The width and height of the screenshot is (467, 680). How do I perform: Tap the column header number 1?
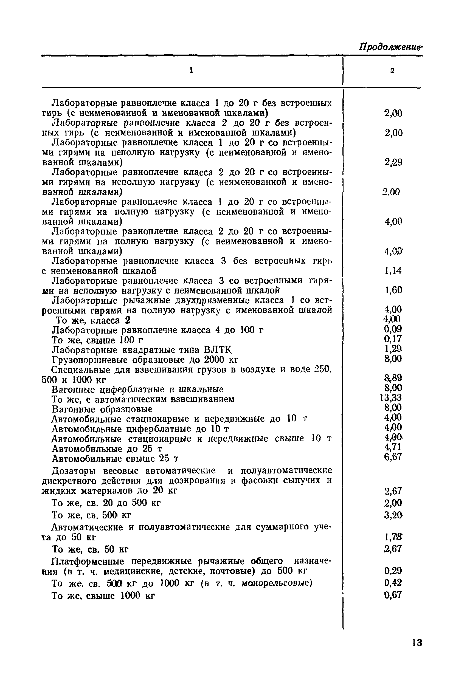pos(191,70)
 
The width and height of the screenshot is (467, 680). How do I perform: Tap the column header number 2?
pos(392,70)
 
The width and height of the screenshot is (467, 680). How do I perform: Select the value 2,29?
pos(393,162)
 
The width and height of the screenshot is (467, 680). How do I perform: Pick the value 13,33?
pos(391,398)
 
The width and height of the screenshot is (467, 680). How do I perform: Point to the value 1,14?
pos(393,271)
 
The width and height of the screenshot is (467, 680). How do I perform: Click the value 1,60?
pos(393,290)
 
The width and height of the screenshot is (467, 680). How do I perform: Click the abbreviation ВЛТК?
pos(218,350)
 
